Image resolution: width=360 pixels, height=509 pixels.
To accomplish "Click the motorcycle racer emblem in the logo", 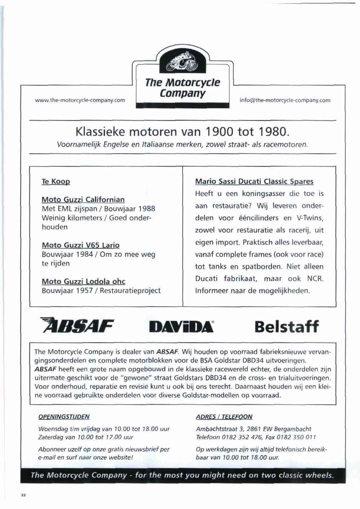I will point(184,63).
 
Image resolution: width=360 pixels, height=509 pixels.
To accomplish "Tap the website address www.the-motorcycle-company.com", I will point(80,100).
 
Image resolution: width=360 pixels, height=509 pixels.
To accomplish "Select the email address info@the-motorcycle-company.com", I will point(285,100).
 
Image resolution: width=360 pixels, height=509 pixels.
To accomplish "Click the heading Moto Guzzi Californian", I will point(83,199).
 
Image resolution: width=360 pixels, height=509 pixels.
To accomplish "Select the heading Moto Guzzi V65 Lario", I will point(80,245).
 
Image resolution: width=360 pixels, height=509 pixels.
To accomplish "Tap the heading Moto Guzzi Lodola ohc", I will point(83,281).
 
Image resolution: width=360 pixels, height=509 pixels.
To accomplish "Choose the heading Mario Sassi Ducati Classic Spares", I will point(254,181).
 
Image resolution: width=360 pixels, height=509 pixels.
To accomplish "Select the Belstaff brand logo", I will point(286,326).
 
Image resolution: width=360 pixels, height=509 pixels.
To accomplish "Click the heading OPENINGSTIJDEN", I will point(64,417).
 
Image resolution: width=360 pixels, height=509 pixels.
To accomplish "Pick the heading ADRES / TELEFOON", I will point(224,417).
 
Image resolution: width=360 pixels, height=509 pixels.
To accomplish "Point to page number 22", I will point(23,495).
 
